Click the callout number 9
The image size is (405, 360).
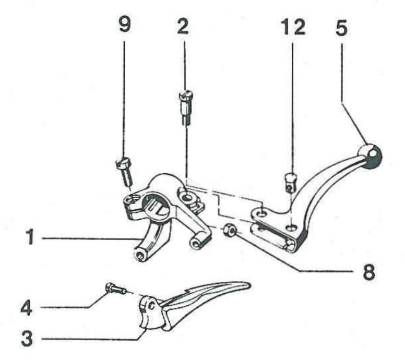click(125, 25)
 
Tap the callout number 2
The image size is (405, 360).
click(183, 26)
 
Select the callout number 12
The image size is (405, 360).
click(293, 27)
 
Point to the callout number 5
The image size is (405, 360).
click(341, 28)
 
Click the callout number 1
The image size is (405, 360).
click(30, 237)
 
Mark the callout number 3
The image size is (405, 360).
click(27, 338)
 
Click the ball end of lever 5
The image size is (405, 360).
click(371, 156)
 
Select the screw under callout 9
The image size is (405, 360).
click(125, 172)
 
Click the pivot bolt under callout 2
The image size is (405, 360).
click(186, 108)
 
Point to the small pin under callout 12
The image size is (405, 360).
click(291, 183)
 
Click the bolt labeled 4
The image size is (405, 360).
click(115, 289)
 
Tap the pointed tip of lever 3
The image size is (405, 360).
click(249, 285)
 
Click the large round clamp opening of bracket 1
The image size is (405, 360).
click(156, 206)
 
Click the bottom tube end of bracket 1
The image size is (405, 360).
click(140, 255)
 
